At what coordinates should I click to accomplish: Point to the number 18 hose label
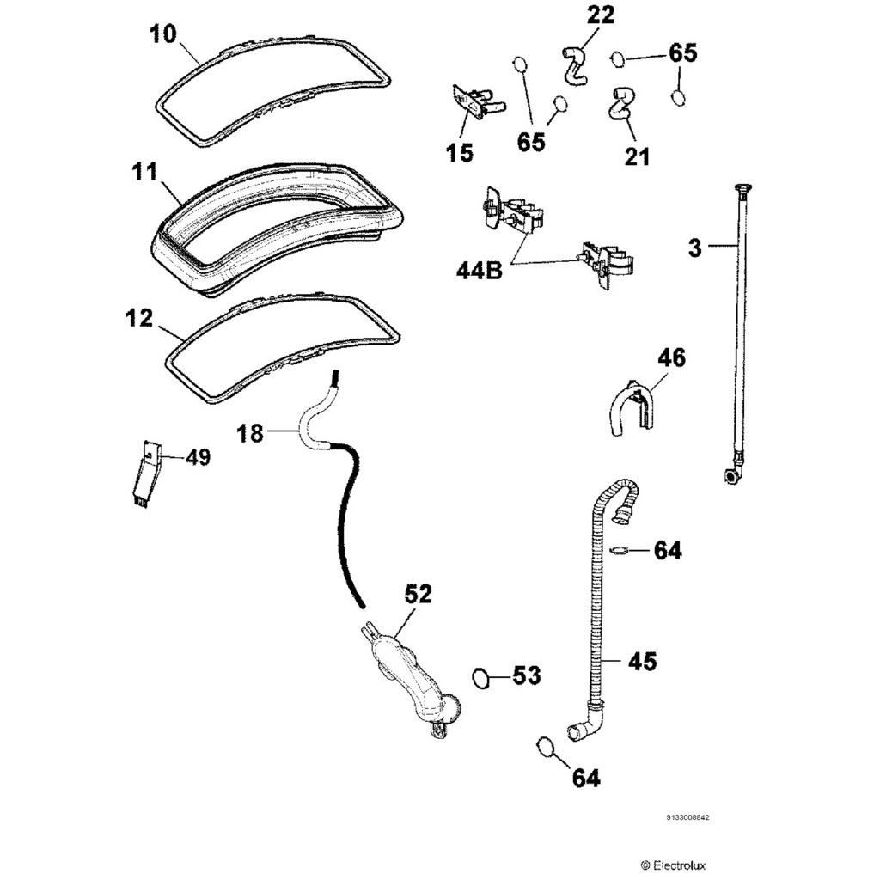(250, 434)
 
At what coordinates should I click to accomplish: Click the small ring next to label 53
(483, 678)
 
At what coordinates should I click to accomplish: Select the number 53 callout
(527, 676)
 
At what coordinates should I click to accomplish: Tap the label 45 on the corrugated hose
(642, 661)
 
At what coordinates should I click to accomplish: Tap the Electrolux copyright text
(675, 865)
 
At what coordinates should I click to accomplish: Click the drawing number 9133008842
(688, 819)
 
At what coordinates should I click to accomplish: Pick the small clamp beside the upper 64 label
(620, 550)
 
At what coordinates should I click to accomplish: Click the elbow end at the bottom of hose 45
(584, 726)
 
